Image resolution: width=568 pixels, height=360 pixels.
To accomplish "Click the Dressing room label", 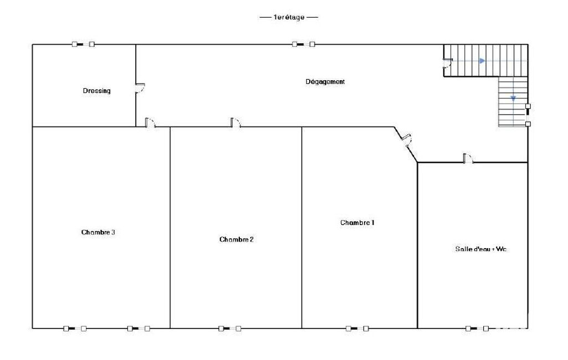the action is pos(97,91).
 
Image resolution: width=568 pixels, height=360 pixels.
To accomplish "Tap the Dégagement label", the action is pos(325,82).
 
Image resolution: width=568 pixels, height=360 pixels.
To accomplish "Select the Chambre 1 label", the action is pos(357,223).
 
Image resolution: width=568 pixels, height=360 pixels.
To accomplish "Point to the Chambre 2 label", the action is pos(237,239).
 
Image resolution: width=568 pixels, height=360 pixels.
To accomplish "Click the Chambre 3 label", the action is pos(98,232).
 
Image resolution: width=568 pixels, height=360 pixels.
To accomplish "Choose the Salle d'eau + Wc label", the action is pos(480,249).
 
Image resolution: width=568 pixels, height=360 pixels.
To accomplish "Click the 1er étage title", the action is pos(289,17).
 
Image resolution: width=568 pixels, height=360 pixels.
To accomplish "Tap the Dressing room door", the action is pos(140,88).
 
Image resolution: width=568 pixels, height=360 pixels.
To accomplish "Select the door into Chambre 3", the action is pos(150,122).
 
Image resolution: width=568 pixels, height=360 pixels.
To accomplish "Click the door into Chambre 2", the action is pos(236,122).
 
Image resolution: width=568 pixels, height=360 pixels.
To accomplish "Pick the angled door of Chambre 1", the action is pos(406,140).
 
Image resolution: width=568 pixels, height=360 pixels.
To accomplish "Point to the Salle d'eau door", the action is pos(468,158).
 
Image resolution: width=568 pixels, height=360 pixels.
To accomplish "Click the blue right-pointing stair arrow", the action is pos(482,61).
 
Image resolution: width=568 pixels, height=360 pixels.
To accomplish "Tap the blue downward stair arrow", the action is pos(513,98).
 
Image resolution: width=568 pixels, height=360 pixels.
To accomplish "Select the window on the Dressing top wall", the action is pos(83,44).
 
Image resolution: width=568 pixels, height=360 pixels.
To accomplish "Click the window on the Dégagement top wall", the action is pos(304,44).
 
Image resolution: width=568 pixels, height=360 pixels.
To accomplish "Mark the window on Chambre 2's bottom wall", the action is pos(229,328).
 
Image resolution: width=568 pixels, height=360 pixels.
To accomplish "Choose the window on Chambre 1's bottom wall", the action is pos(357,328).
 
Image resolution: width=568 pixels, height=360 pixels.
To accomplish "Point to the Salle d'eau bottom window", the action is pos(477,328).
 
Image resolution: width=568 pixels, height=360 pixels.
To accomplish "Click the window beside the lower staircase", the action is pos(528,115).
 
